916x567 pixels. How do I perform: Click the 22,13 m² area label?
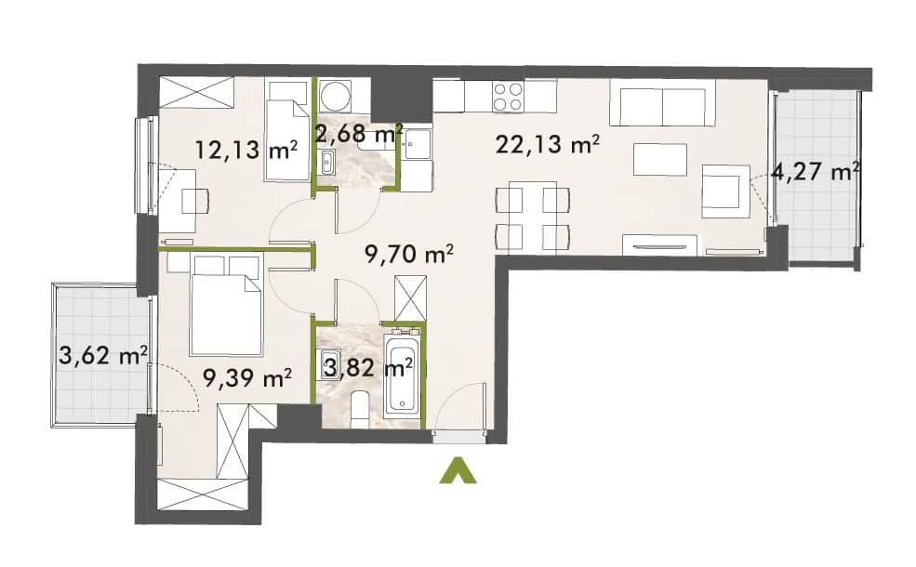pyautogui.click(x=547, y=144)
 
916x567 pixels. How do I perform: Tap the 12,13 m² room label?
pyautogui.click(x=246, y=150)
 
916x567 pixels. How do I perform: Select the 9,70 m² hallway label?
pyautogui.click(x=409, y=254)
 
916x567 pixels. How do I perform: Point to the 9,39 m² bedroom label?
pyautogui.click(x=247, y=378)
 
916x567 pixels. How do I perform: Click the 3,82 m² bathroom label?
pyautogui.click(x=368, y=368)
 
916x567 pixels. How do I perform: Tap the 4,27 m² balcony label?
pyautogui.click(x=816, y=172)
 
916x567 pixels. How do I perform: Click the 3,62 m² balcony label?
pyautogui.click(x=103, y=355)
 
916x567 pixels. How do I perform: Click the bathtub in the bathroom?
pyautogui.click(x=402, y=373)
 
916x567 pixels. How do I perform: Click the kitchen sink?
pyautogui.click(x=418, y=144)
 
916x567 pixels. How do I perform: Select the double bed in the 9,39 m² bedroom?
pyautogui.click(x=225, y=304)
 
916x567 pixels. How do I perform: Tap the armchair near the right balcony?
pyautogui.click(x=725, y=191)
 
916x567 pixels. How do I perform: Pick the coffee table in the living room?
pyautogui.click(x=660, y=159)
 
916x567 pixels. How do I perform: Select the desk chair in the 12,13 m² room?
pyautogui.click(x=195, y=202)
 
